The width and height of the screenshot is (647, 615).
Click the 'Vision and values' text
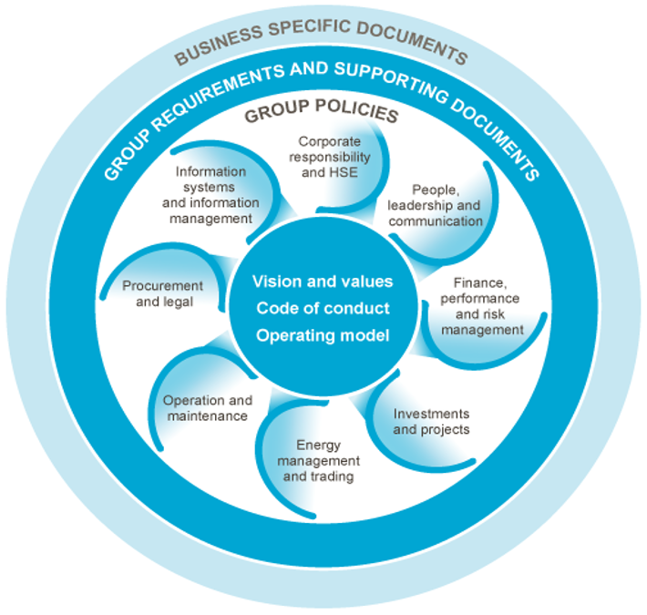pos(323,282)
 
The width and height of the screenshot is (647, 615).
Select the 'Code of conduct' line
pos(323,308)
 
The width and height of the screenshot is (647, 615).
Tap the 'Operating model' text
pos(323,335)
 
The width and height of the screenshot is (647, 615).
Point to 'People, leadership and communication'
pos(447,205)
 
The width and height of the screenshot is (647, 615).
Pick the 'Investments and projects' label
pos(432,422)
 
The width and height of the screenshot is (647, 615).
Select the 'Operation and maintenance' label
pos(206,408)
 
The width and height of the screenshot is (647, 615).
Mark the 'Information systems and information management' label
pos(211,194)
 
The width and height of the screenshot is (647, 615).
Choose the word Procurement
pos(165,286)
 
